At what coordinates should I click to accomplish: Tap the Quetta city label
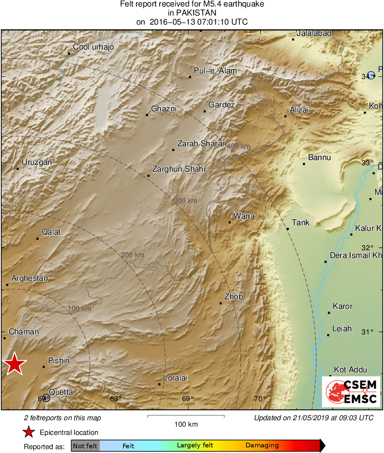pyautogui.click(x=61, y=392)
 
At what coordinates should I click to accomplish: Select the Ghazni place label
pyautogui.click(x=164, y=109)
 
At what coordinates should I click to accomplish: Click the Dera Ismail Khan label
pyautogui.click(x=356, y=255)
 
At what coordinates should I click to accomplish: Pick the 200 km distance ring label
pyautogui.click(x=132, y=255)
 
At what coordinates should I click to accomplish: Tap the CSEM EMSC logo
pyautogui.click(x=351, y=391)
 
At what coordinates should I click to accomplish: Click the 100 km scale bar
pyautogui.click(x=186, y=416)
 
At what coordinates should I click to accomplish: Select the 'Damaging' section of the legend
pyautogui.click(x=262, y=445)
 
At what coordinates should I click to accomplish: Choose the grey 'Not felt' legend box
pyautogui.click(x=85, y=445)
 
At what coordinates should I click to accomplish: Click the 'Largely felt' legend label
pyautogui.click(x=193, y=445)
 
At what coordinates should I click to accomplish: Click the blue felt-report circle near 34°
pyautogui.click(x=371, y=75)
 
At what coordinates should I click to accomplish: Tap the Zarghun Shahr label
pyautogui.click(x=179, y=169)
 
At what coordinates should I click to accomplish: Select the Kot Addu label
pyautogui.click(x=351, y=370)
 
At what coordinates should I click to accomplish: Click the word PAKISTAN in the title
pyautogui.click(x=192, y=13)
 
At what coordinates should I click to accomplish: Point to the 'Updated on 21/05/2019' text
pyautogui.click(x=313, y=418)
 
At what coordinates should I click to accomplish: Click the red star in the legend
pyautogui.click(x=28, y=432)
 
